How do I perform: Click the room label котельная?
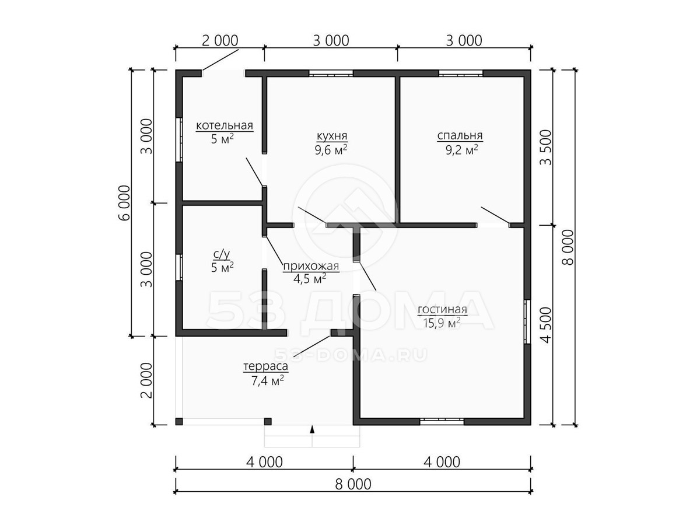tap(224, 125)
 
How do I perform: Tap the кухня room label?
tap(332, 136)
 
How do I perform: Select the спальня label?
tap(460, 136)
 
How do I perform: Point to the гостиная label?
tap(442, 309)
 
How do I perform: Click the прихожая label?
tap(311, 266)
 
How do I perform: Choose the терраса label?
tap(265, 366)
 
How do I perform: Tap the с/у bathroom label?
tap(222, 254)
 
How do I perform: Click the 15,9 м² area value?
tap(442, 323)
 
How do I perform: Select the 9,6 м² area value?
tap(331, 150)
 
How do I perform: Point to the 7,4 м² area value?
tap(268, 380)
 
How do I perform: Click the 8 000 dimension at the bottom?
tap(353, 484)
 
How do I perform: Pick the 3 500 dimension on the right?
tap(545, 148)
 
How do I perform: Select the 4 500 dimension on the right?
tap(545, 325)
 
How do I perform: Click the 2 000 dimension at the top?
tap(220, 41)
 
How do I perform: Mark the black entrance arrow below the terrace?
tap(312, 429)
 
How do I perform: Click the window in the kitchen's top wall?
tap(331, 73)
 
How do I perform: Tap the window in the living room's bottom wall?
tap(442, 422)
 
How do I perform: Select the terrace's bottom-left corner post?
tap(179, 421)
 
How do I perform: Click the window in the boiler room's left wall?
tap(179, 140)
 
